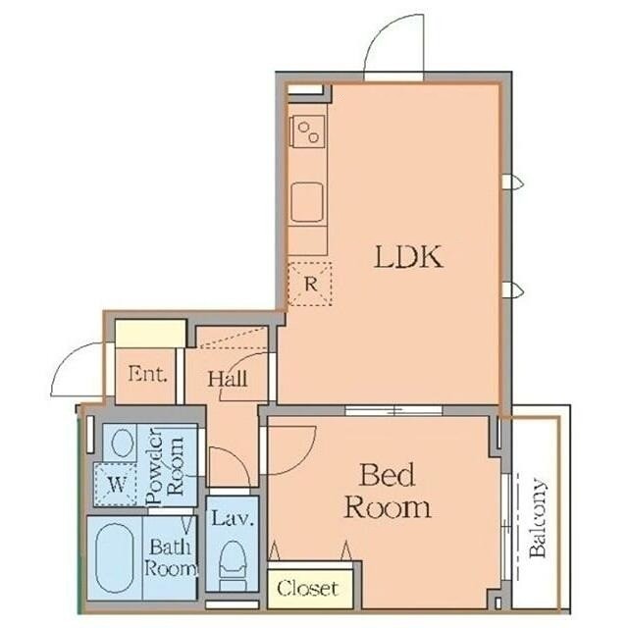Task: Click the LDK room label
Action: pos(409,257)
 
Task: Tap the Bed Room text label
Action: pos(388,492)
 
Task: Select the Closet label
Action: pos(307,588)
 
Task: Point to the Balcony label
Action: pos(537,517)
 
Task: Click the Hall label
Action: pos(228,379)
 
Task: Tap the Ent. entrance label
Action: pos(147,374)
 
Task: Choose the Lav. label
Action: pos(233,518)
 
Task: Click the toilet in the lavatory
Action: pos(233,565)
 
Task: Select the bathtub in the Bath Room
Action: pos(114,558)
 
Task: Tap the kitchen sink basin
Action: pos(307,202)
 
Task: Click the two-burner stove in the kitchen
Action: pos(307,131)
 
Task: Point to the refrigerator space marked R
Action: pos(310,284)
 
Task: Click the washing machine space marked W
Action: pos(116,484)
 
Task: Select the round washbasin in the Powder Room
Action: pos(122,443)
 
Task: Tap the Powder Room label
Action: pos(165,466)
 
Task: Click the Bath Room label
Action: pos(171,557)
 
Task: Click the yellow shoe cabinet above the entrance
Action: pos(150,334)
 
